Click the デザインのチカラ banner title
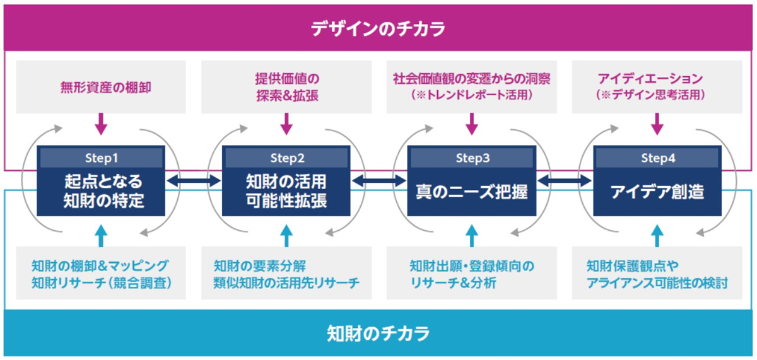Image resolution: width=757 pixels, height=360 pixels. pos(378,28)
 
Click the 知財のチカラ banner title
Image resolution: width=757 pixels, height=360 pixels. pos(378,332)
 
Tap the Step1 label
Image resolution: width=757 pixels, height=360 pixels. pos(101,158)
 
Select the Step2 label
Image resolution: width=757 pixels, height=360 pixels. pos(287,158)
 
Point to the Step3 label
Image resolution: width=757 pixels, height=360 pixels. pos(472,158)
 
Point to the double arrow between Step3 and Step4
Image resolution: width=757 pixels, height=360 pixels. pos(565,181)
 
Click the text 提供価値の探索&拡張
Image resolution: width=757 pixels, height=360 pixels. pos(287,88)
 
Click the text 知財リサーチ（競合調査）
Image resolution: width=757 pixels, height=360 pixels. pos(101,282)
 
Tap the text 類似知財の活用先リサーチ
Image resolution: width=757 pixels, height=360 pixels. pos(287,282)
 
